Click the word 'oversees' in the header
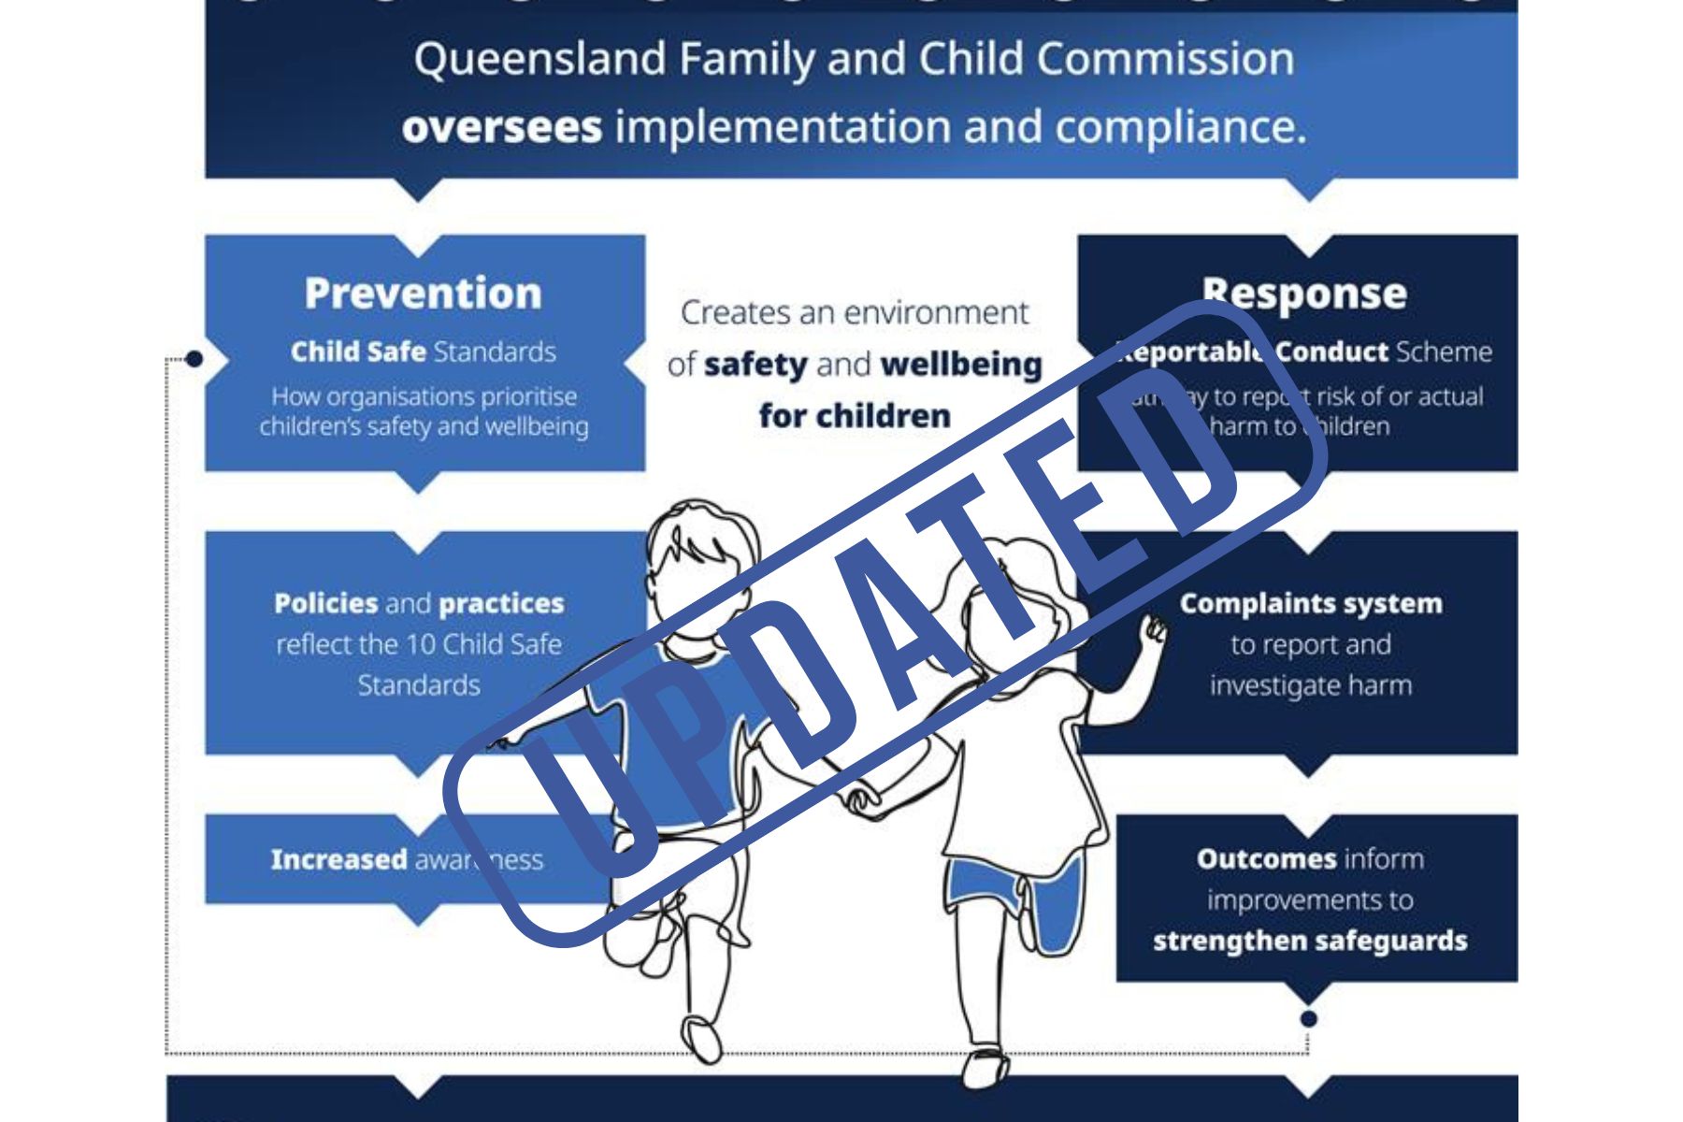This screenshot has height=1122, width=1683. (502, 127)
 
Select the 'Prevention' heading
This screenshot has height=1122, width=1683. (423, 294)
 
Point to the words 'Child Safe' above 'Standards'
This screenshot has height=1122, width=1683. (358, 352)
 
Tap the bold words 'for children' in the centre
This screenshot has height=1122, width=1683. (855, 415)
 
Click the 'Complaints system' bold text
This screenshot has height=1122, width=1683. (1310, 603)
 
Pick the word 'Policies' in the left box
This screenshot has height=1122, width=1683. (325, 603)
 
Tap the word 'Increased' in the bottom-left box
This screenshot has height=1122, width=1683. (338, 859)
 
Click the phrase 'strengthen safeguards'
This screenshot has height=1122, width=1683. (1310, 941)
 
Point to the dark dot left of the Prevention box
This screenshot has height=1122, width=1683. (194, 359)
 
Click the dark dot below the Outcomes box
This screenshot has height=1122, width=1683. (1309, 1018)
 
